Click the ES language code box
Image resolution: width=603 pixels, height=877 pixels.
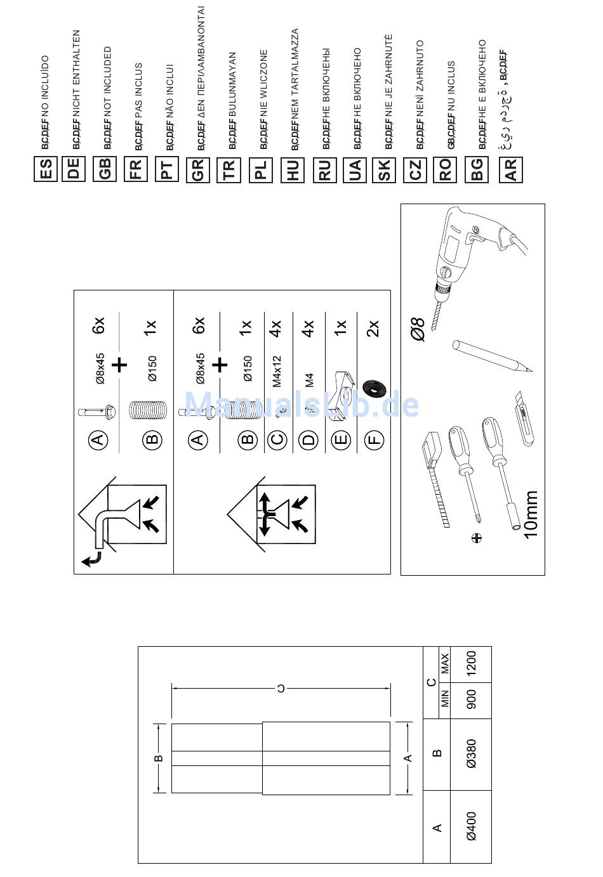pos(46,169)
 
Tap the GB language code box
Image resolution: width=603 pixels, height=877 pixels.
pos(105,169)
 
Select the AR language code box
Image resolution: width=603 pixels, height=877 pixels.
pos(511,169)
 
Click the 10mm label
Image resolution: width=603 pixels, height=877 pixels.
pos(531,514)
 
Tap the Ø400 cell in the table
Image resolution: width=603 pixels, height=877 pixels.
pos(471,827)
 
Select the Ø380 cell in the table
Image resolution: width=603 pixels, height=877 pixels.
pos(471,754)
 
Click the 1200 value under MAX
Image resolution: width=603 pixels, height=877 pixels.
pos(471,665)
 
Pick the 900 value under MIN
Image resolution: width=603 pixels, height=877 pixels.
pos(471,700)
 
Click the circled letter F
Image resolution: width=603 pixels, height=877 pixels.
pos(374,439)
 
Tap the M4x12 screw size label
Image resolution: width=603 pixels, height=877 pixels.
pos(277,372)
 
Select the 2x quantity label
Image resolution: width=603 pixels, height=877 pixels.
pos(373,328)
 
